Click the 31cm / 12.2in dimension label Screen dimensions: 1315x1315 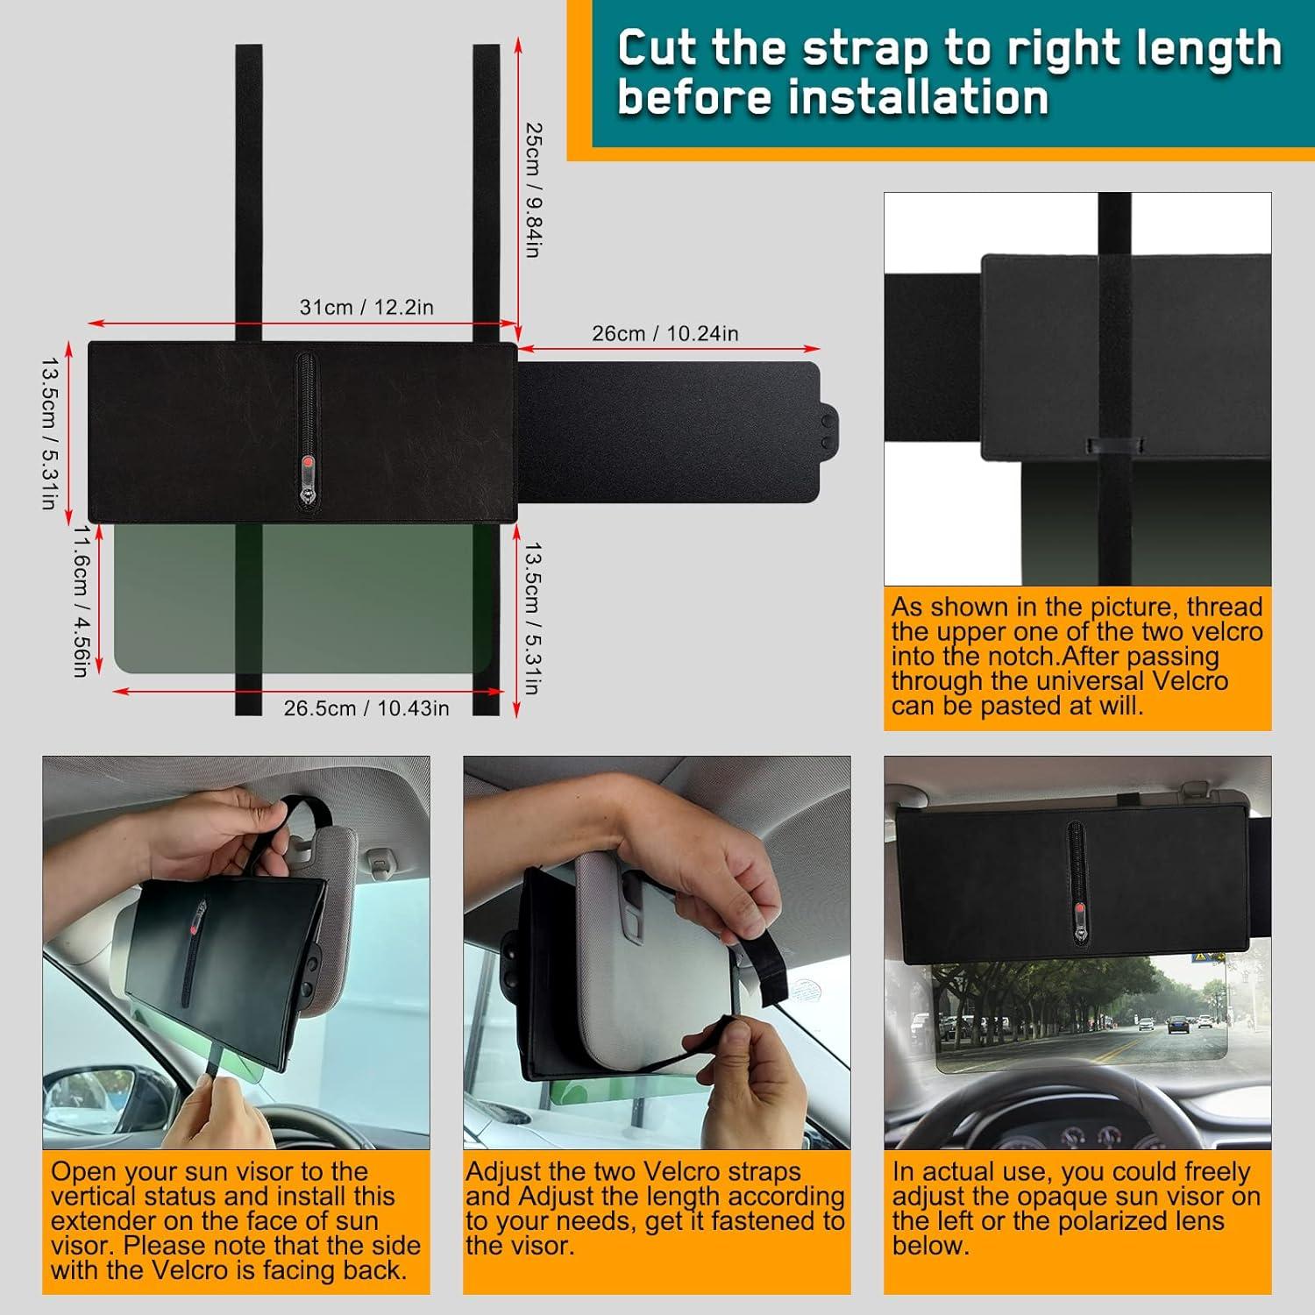pyautogui.click(x=366, y=308)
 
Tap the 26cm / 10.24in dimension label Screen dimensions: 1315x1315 pyautogui.click(x=665, y=334)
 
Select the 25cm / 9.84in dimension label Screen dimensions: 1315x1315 pyautogui.click(x=532, y=189)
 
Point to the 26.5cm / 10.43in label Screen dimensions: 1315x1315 pyautogui.click(x=366, y=708)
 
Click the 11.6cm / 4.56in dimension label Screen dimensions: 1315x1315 pyautogui.click(x=80, y=601)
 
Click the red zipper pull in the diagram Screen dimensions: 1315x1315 pyautogui.click(x=308, y=464)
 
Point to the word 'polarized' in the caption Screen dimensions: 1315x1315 pyautogui.click(x=1112, y=1221)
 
